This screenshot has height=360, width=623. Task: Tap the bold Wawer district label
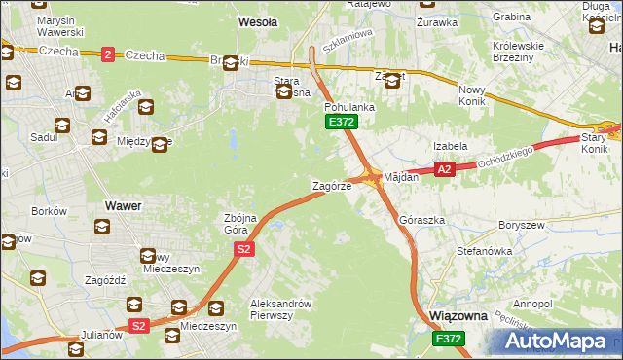123,205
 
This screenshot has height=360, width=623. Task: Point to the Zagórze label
331,185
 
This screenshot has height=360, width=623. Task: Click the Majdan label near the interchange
401,177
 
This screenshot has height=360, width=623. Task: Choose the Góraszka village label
422,221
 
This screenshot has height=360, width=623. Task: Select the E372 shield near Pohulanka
341,122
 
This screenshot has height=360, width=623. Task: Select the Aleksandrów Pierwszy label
280,308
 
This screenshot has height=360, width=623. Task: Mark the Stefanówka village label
484,251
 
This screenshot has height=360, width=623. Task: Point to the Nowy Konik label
478,95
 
